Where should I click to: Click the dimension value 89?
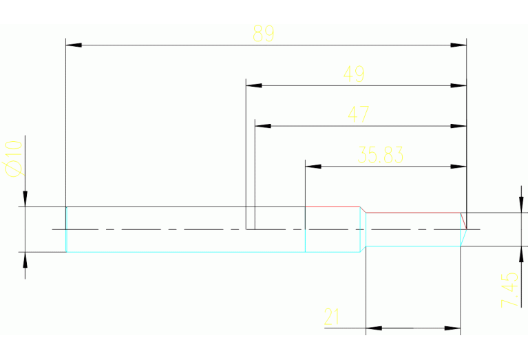264,34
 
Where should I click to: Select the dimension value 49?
354,74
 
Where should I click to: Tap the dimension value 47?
358,114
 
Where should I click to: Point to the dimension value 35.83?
381,155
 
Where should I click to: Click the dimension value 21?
332,317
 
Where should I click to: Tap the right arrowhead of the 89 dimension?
458,45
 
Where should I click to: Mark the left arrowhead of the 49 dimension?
254,86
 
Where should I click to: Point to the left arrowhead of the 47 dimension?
263,127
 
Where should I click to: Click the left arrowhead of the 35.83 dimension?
313,167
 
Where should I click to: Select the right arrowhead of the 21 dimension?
452,328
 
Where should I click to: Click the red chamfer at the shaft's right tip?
463,220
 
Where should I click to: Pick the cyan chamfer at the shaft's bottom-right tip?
463,237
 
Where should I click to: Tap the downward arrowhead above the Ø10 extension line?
25,199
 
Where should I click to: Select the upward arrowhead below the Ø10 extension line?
25,260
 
